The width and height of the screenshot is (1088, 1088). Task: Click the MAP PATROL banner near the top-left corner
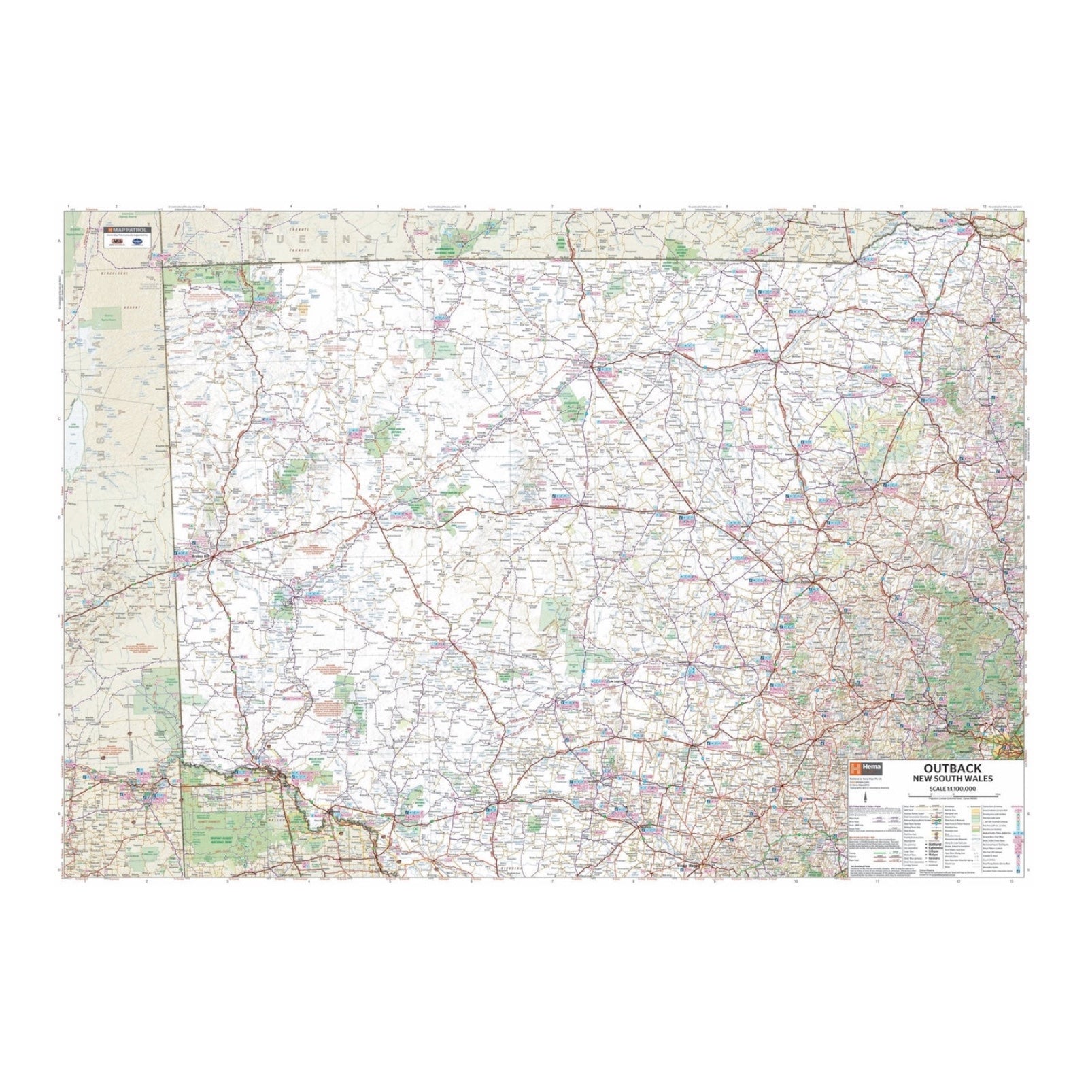point(127,230)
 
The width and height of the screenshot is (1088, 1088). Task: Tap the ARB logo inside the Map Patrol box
point(117,241)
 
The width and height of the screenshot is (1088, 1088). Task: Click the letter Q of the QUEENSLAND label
point(258,239)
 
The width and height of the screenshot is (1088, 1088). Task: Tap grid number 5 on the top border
point(378,207)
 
